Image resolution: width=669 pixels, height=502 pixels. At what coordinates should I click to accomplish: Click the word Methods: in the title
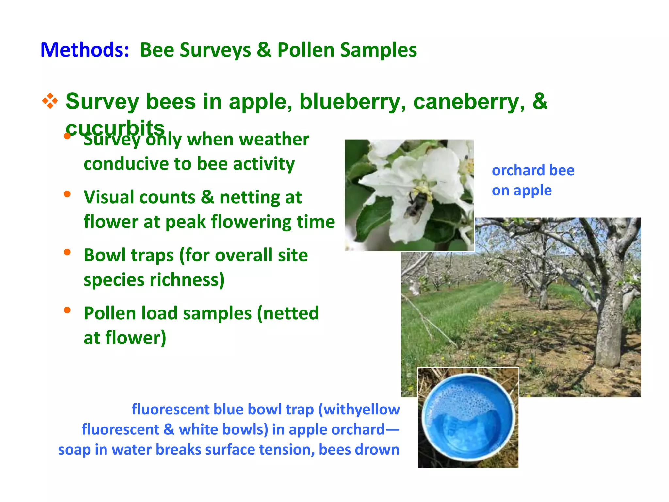pos(85,50)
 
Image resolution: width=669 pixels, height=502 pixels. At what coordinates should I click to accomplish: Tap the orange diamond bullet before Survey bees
pos(50,101)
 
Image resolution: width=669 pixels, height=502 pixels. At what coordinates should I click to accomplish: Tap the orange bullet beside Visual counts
pos(67,194)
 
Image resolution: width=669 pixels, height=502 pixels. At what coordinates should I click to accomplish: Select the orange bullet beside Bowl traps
pos(67,252)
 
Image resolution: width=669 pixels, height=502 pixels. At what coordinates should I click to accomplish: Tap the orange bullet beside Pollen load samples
pos(67,310)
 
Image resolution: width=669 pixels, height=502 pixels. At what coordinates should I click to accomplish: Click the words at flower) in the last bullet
pos(125,338)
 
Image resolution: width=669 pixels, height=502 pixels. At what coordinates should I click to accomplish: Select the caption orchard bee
pos(533,170)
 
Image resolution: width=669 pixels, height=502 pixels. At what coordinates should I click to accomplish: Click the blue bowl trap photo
pos(468,417)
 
